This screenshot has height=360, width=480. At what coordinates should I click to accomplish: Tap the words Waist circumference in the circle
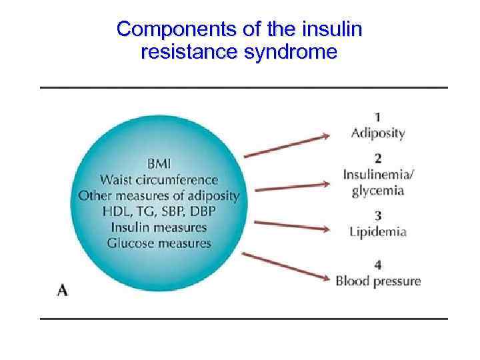(159, 179)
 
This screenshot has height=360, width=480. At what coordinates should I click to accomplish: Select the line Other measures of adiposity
(159, 195)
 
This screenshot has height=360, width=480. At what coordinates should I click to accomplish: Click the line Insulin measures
(159, 227)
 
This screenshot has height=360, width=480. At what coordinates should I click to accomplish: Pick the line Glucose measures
(159, 243)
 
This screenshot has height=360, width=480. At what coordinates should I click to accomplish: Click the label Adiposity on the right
(378, 133)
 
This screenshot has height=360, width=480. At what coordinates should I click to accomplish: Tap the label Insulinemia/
(379, 175)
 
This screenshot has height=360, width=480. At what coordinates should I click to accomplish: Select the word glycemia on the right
(378, 190)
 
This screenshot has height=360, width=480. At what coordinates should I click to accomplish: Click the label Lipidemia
(378, 232)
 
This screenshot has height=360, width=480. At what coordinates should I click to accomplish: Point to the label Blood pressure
(378, 281)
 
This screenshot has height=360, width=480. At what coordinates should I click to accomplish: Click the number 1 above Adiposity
(378, 117)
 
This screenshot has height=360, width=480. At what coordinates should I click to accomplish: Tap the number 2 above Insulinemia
(378, 159)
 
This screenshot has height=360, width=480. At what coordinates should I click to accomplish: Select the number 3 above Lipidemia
(378, 216)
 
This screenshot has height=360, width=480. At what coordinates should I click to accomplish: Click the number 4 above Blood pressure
(378, 265)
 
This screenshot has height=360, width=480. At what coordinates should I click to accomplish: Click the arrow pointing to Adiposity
(287, 146)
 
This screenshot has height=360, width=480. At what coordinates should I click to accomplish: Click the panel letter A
(63, 289)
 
